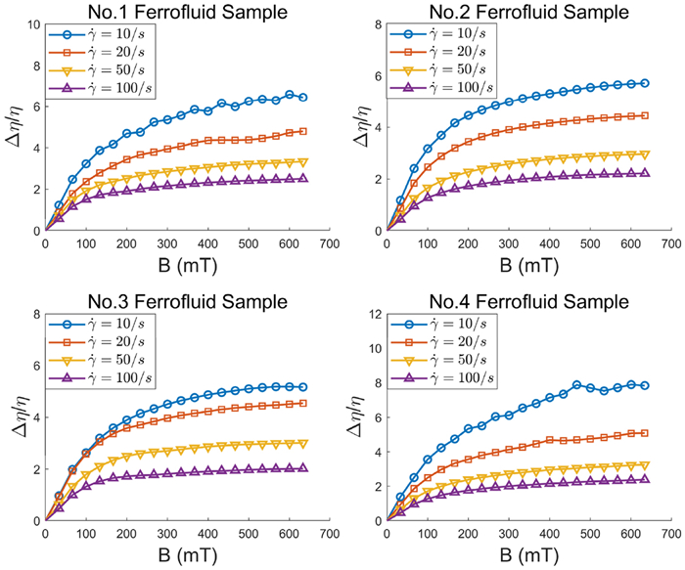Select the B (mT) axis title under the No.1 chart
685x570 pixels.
186,265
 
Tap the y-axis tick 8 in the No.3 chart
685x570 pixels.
37,314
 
